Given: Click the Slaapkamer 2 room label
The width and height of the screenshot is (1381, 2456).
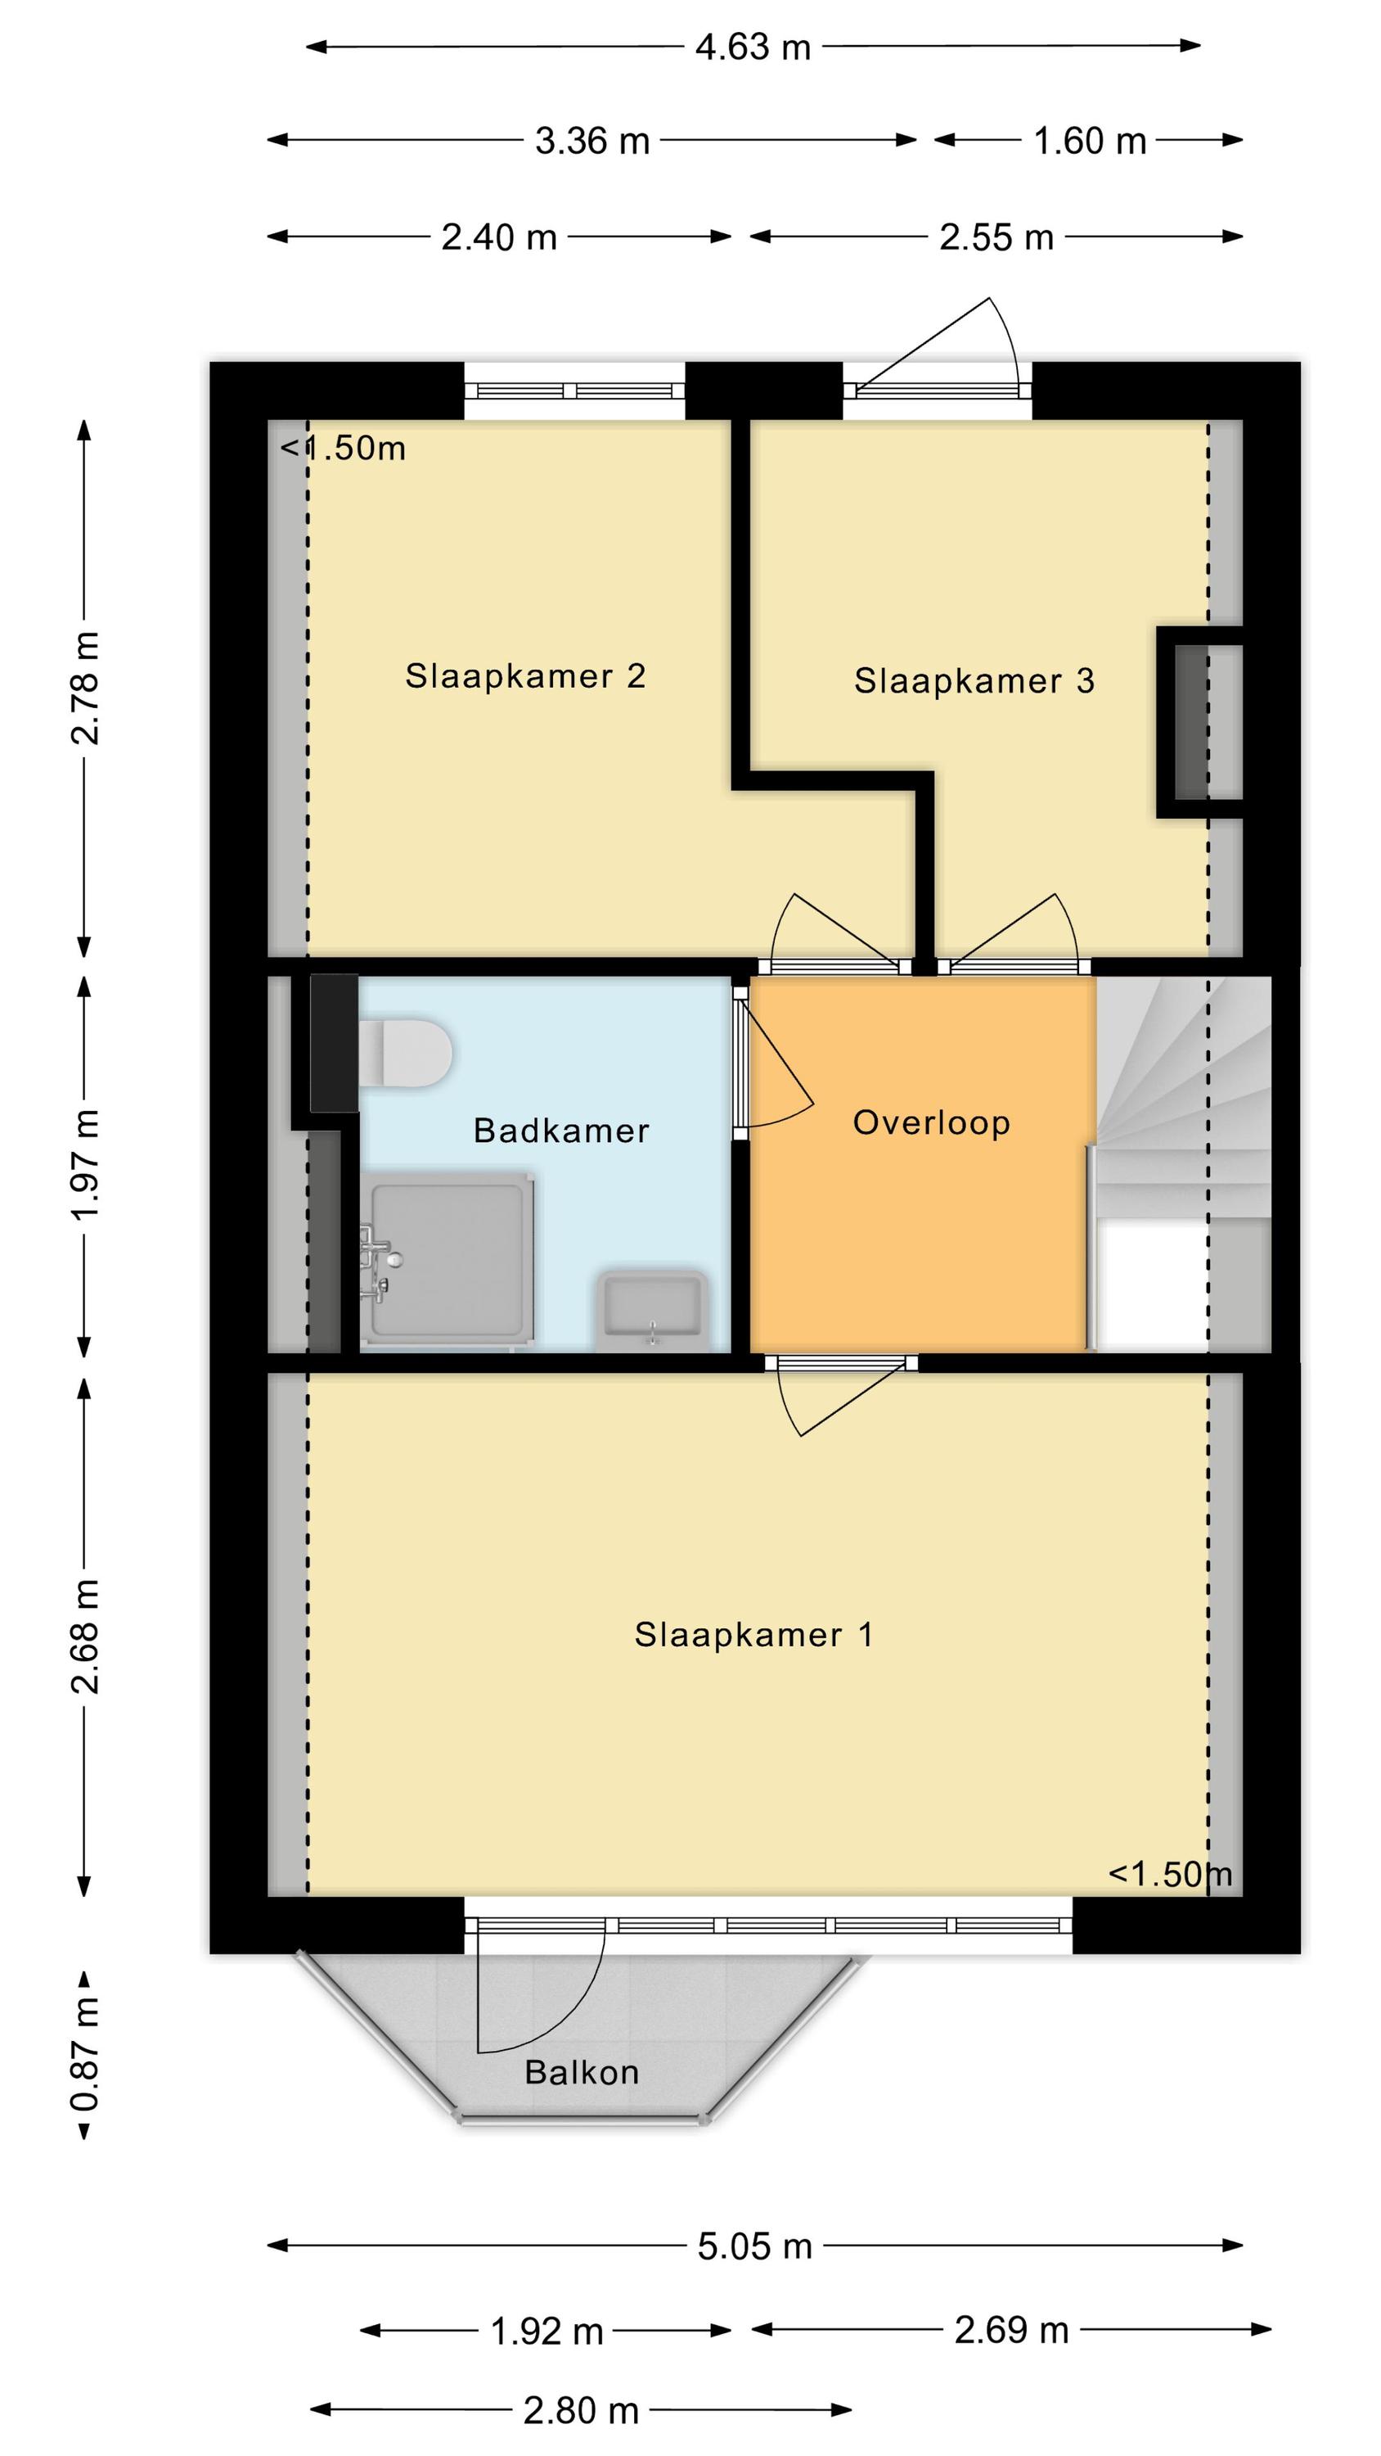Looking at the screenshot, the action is tap(525, 676).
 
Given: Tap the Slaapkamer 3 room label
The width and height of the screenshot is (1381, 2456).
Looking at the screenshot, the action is tap(974, 681).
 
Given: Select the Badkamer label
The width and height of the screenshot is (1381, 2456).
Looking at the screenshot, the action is tap(561, 1131).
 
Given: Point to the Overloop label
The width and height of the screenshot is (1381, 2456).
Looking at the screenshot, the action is tap(931, 1123).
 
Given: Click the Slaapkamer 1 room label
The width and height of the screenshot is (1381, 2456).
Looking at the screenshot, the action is tap(753, 1635).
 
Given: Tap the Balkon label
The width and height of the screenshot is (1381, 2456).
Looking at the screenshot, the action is tap(582, 2072).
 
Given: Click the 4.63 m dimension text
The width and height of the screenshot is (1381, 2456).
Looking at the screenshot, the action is tap(752, 46).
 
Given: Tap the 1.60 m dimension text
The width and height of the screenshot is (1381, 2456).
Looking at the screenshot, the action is tap(1090, 141).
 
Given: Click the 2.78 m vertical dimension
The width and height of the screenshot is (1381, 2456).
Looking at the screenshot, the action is tap(84, 688).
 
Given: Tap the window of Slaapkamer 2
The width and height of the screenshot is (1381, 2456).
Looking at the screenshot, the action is tap(574, 390).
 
